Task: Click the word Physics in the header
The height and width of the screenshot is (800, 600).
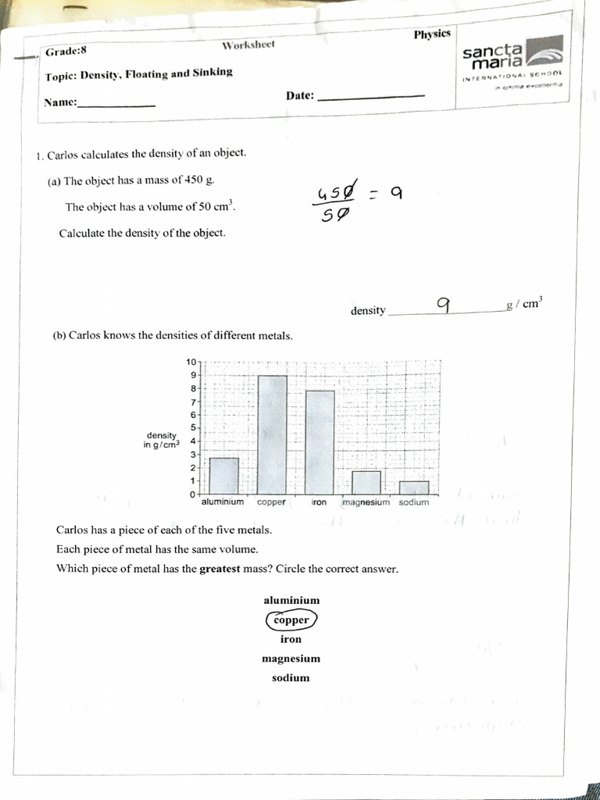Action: (x=432, y=34)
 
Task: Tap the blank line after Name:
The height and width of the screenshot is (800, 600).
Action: (x=116, y=105)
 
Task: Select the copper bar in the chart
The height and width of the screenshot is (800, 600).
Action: (x=272, y=434)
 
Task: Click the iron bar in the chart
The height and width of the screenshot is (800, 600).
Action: (x=319, y=441)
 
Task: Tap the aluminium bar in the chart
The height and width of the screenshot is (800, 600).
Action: (x=224, y=475)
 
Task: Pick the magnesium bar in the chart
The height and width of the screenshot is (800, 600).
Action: (x=366, y=482)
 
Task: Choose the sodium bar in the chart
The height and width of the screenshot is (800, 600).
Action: (x=414, y=487)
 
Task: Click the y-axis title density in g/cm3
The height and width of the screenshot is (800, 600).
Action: (x=161, y=440)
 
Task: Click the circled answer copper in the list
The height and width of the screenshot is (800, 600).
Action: (x=291, y=620)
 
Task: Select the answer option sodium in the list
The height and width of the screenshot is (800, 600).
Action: (x=291, y=678)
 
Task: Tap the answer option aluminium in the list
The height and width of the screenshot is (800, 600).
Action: (x=291, y=600)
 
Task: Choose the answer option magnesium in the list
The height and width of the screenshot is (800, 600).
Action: (x=291, y=659)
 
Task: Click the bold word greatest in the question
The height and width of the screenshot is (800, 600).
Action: (x=223, y=569)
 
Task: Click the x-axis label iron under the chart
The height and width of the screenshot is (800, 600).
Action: (x=319, y=502)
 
